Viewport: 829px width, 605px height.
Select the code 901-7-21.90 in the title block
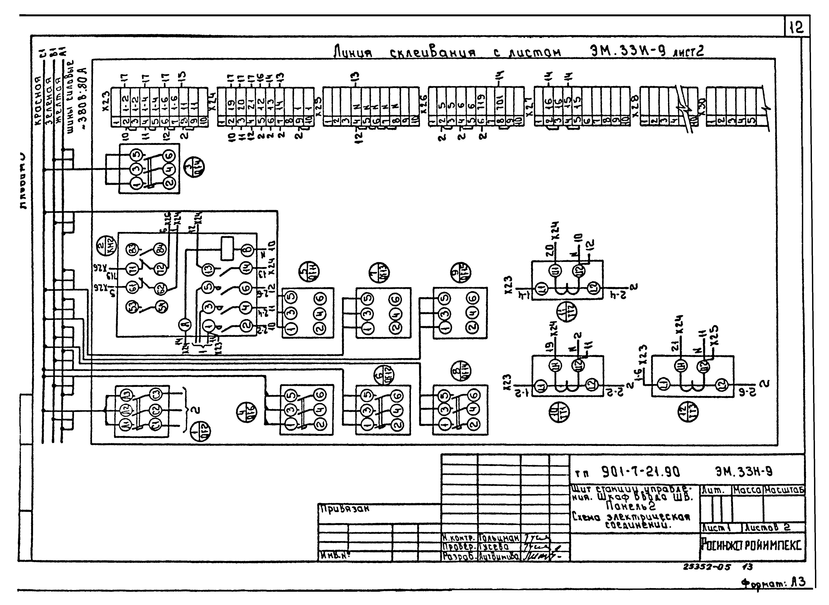[x=641, y=472]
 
